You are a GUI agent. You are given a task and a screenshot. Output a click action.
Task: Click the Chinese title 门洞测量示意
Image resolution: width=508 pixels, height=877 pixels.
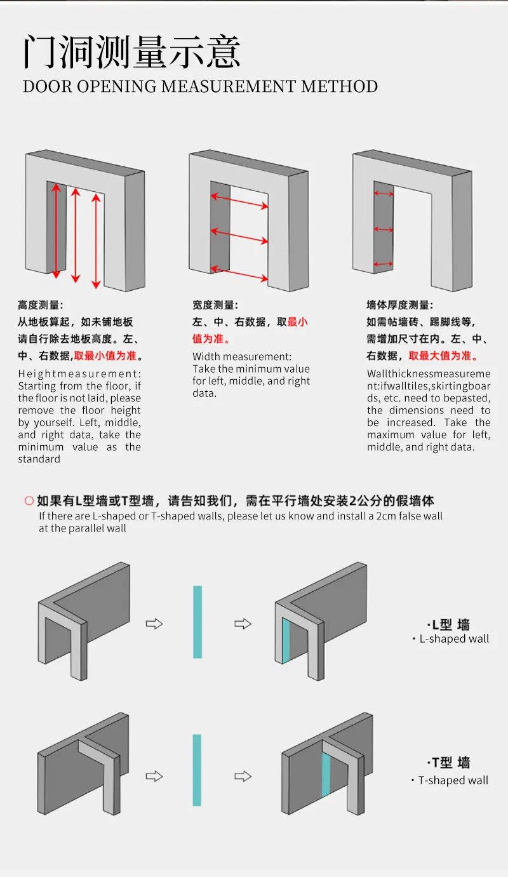131,52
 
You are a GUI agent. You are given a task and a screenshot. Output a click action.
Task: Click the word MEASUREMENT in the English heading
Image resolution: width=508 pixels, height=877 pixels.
228,86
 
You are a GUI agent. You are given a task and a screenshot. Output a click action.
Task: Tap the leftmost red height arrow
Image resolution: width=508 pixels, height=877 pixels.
56,231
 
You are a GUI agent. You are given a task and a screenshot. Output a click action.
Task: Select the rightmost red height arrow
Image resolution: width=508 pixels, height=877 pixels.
97,241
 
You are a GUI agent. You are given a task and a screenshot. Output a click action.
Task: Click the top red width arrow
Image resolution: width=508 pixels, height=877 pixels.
239,201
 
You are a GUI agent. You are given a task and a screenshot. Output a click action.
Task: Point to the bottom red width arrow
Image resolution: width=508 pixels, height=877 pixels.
239,274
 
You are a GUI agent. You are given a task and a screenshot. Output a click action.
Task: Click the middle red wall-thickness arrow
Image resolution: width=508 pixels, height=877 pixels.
384,229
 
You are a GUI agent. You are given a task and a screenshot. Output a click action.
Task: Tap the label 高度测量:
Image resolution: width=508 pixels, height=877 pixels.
40,305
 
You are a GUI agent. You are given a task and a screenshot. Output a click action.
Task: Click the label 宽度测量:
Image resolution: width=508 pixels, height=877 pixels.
215,305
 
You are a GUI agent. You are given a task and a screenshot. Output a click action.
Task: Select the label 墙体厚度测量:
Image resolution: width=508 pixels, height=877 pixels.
399,305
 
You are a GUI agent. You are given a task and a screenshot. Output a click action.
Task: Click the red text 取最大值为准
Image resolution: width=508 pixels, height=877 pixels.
440,356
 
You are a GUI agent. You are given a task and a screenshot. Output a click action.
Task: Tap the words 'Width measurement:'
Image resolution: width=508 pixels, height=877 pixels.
242,356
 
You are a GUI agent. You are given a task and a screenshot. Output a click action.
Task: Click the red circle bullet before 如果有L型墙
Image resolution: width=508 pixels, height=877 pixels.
29,501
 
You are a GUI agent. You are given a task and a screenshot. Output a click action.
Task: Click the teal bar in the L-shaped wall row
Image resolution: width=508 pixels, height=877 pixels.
197,622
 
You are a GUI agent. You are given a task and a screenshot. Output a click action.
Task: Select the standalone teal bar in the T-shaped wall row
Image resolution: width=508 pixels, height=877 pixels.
197,770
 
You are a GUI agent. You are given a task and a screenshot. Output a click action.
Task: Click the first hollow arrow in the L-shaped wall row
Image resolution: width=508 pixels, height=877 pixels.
154,624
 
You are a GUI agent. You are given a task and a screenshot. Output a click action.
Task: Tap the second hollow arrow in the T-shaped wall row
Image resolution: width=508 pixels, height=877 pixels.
243,776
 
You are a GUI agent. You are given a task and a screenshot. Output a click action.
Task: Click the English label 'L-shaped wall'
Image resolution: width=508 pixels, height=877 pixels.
454,639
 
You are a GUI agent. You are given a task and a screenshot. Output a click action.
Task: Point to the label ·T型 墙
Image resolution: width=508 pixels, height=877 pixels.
448,762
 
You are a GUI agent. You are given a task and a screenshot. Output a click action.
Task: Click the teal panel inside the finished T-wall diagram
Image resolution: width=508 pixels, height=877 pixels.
326,775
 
